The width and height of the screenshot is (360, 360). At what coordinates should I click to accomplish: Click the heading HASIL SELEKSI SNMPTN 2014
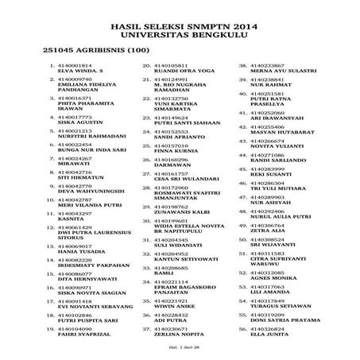click(x=180, y=25)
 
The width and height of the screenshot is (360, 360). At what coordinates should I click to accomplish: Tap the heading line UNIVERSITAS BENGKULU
click(x=180, y=36)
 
